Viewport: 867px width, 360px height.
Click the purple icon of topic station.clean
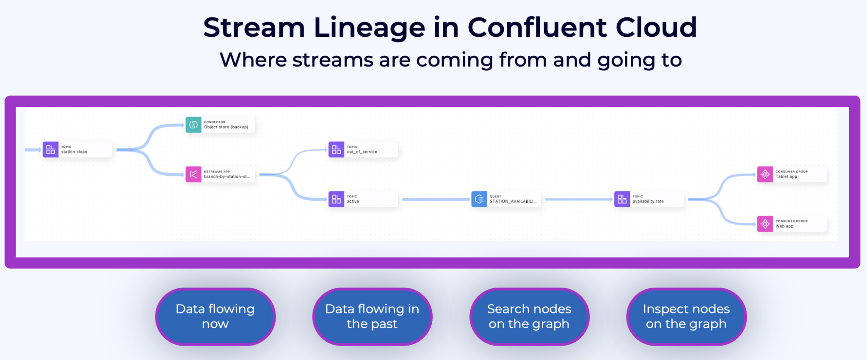tap(50, 150)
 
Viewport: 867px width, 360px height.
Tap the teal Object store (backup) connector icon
tap(193, 125)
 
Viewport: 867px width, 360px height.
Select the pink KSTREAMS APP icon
tap(193, 174)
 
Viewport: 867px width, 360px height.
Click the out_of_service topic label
tap(362, 152)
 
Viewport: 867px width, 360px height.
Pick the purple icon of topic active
tap(336, 199)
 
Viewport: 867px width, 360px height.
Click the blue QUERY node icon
tap(479, 199)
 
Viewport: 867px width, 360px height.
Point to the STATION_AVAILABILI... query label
tap(513, 201)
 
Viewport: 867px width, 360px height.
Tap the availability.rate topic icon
tap(622, 199)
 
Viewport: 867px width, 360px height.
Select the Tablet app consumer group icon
tap(765, 174)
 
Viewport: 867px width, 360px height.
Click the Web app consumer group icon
tap(765, 224)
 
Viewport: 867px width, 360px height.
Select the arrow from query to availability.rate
tap(578, 199)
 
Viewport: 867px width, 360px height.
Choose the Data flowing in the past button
tap(372, 316)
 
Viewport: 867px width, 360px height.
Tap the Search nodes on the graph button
tap(529, 316)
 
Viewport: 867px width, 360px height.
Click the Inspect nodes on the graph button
tap(686, 316)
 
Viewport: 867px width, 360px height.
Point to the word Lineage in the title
tap(369, 28)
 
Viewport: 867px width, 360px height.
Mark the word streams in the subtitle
tap(333, 60)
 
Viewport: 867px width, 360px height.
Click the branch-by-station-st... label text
tap(227, 177)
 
